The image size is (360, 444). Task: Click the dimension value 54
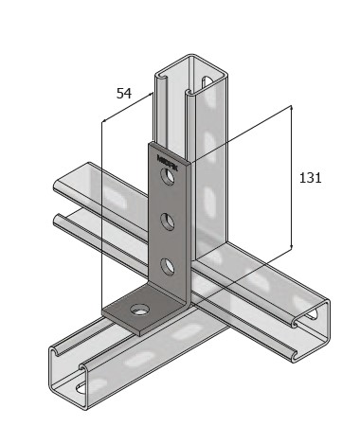[x=123, y=94]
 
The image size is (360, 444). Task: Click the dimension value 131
[x=310, y=177]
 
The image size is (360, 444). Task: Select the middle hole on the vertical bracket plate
[x=167, y=222]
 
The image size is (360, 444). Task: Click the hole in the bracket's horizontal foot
[x=139, y=310]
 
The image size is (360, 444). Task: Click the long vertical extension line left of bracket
[x=100, y=218]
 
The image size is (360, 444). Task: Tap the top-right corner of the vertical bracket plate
[x=190, y=161]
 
